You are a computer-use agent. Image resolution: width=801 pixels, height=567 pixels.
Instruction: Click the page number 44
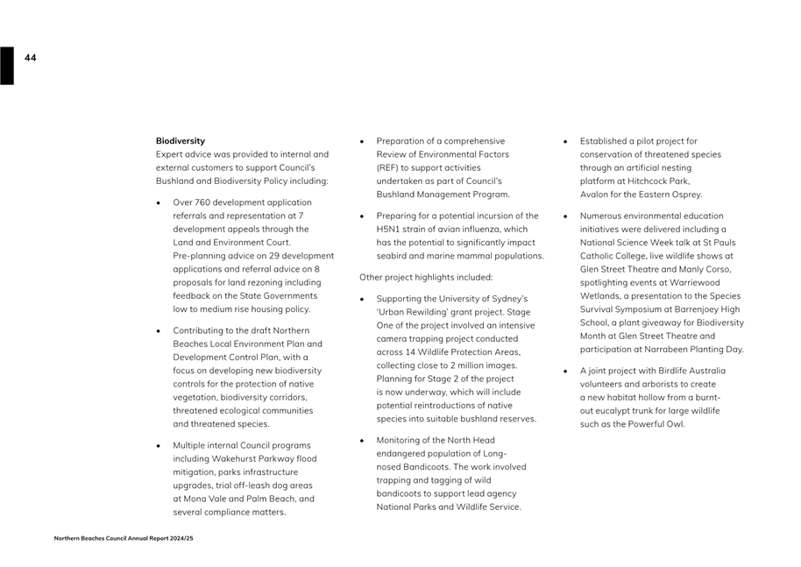point(31,58)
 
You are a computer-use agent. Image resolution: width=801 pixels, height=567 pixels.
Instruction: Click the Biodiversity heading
point(181,140)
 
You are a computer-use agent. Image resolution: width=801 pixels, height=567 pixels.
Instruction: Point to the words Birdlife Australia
point(684,371)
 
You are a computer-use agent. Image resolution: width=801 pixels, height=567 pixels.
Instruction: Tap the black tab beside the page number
point(7,66)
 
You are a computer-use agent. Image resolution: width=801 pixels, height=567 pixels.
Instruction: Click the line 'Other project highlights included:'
point(426,277)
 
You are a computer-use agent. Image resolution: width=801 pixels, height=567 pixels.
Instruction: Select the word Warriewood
point(698,282)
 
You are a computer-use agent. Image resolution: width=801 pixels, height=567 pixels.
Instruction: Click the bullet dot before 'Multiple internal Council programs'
point(159,445)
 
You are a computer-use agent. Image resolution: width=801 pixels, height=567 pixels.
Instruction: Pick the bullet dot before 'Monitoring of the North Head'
point(362,440)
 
